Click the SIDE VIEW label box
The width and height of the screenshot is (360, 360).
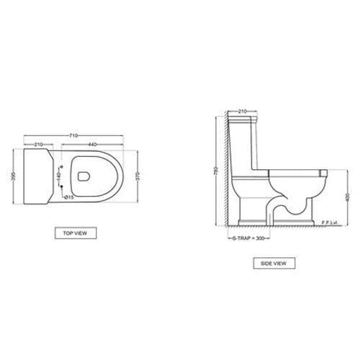(273, 264)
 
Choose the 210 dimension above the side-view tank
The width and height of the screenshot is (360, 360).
(242, 112)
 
